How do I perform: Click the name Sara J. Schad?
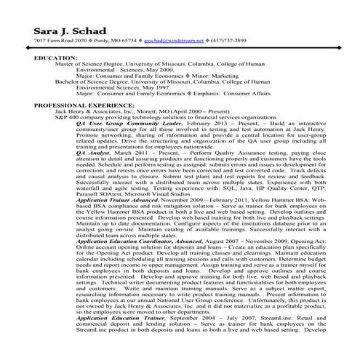(x=70, y=32)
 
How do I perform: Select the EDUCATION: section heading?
(x=55, y=57)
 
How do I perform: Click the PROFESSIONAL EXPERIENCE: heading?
(x=78, y=105)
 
